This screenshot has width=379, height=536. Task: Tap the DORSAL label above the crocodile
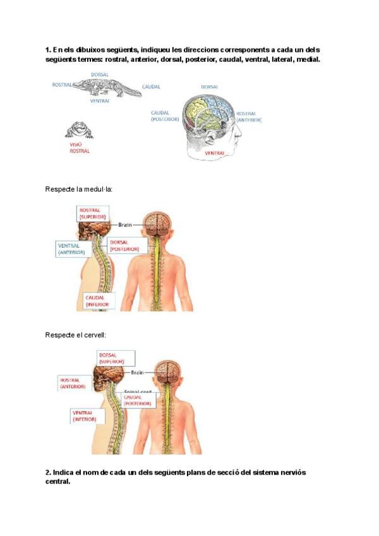point(100,75)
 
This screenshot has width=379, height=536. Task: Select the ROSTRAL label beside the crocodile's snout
point(62,84)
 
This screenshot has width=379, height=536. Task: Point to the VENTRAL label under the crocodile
point(100,100)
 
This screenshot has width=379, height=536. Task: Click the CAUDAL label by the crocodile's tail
point(151,87)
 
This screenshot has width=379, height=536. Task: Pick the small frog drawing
point(80,130)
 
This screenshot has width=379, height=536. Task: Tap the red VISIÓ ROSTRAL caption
point(80,148)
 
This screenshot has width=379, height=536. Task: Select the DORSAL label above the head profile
point(210,87)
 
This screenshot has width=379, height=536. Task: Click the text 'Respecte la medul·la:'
point(79,189)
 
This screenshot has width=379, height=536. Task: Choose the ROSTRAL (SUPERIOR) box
point(93,213)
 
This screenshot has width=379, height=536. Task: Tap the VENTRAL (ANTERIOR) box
point(71,248)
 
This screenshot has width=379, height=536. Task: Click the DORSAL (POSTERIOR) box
point(128,245)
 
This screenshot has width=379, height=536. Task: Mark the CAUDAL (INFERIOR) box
point(97,300)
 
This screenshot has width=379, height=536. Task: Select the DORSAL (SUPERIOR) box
point(115,358)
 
